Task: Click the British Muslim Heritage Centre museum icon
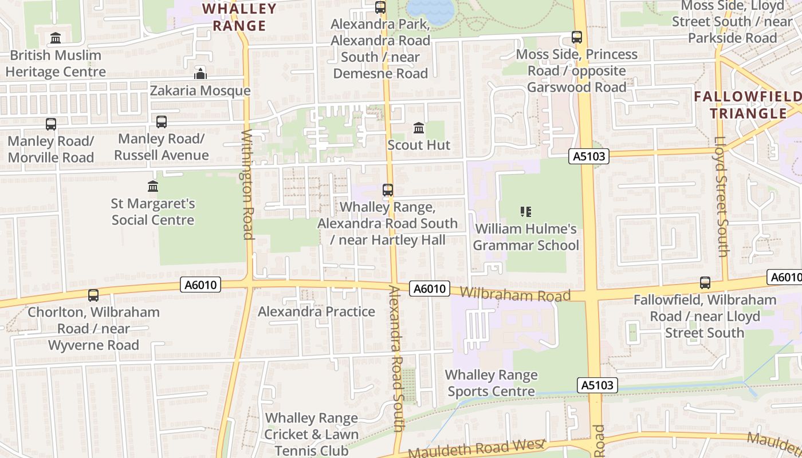click(x=56, y=38)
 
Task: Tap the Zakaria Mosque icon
click(x=200, y=73)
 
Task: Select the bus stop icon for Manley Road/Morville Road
click(x=51, y=124)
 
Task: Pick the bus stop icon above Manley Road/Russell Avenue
click(x=162, y=121)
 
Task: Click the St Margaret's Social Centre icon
click(x=153, y=187)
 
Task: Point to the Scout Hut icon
click(x=419, y=128)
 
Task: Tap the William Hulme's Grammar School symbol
click(x=526, y=212)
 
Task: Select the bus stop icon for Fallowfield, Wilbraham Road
click(x=705, y=283)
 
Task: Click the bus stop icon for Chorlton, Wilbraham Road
click(x=93, y=295)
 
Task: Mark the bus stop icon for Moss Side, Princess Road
click(x=577, y=37)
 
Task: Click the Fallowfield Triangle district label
click(x=748, y=104)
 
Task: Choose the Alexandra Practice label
click(x=316, y=311)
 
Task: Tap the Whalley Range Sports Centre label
click(x=492, y=383)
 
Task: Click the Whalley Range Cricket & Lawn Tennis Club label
click(x=312, y=434)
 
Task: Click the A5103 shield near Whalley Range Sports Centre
click(x=597, y=385)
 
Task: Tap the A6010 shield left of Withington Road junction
click(x=200, y=285)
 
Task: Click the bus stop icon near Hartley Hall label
click(x=388, y=190)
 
